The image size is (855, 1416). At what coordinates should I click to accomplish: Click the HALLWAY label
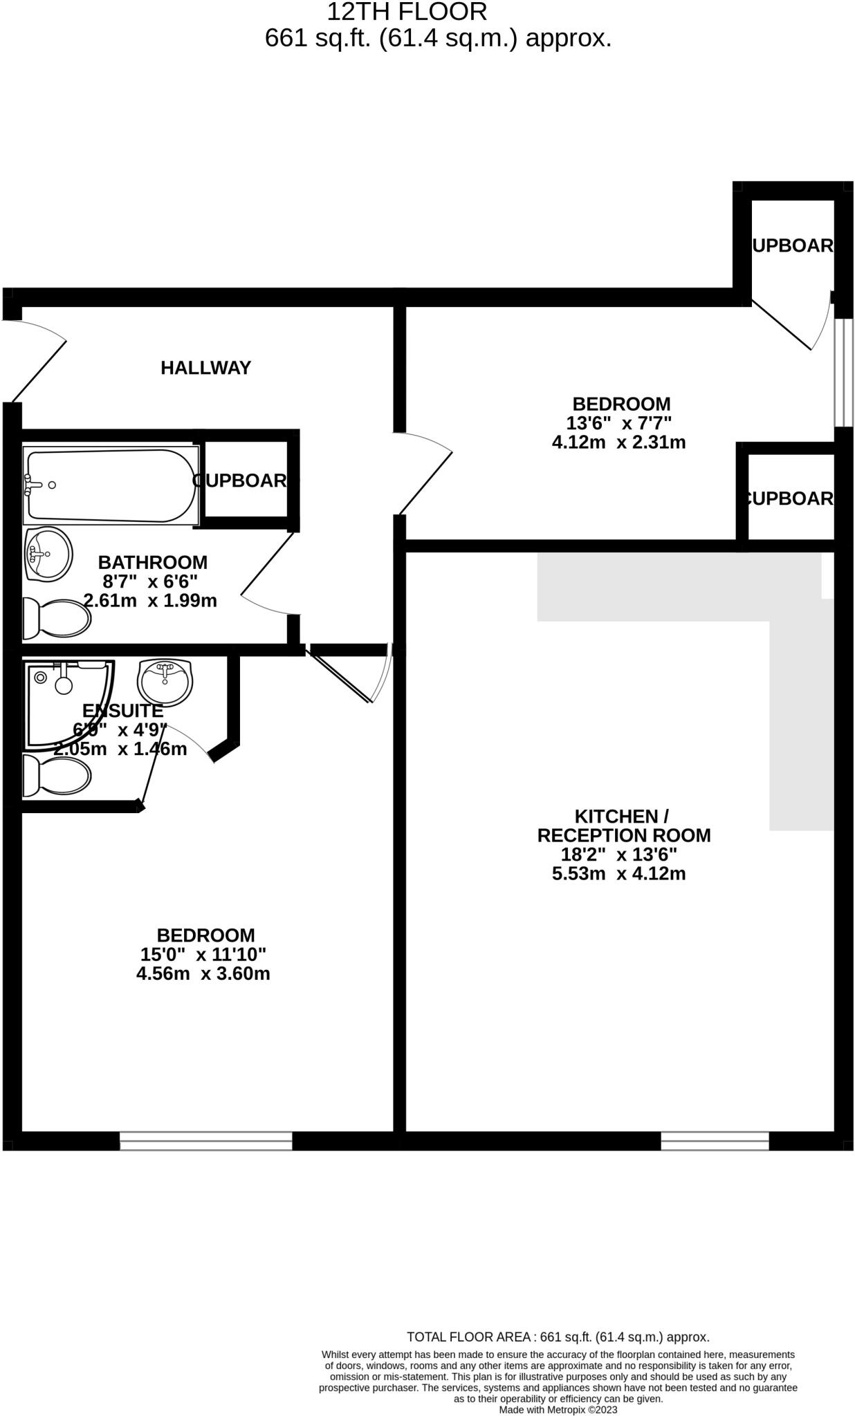205,368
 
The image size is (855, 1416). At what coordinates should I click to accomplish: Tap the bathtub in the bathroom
111,485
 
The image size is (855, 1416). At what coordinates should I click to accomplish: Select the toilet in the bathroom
56,619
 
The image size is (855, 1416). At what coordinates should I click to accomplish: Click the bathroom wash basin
48,554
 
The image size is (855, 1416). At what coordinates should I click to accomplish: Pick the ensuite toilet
56,776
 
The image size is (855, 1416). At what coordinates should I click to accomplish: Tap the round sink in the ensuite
165,682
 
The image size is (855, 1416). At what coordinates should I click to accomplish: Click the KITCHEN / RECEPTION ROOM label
623,826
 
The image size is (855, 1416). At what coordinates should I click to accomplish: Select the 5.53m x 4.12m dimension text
618,873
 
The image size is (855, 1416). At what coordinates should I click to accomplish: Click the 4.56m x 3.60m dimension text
203,973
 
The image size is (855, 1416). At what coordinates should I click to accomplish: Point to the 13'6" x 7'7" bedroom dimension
619,422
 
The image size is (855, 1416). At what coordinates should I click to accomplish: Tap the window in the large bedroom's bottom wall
205,1140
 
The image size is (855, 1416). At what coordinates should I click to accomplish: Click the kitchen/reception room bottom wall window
715,1140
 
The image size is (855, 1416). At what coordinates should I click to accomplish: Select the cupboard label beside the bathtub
240,481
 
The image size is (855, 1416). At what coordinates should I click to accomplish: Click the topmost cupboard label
792,245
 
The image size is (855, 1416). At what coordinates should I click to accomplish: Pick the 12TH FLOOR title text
407,12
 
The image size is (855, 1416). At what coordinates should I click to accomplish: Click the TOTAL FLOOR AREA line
558,1337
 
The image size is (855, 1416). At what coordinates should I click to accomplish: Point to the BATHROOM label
152,562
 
